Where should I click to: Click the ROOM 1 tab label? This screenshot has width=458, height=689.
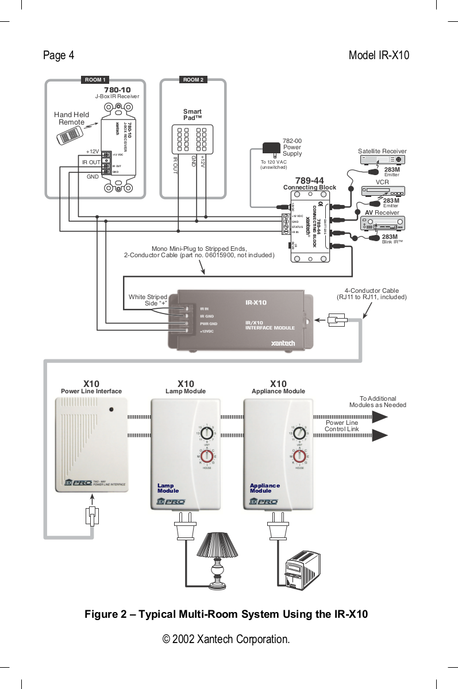click(94, 80)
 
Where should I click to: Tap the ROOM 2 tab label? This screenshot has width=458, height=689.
click(194, 80)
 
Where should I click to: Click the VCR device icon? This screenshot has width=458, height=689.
click(383, 191)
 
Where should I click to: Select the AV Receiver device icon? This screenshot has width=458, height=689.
click(383, 223)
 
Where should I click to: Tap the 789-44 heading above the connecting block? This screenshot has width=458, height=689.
click(309, 181)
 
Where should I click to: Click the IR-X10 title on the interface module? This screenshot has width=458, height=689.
click(256, 302)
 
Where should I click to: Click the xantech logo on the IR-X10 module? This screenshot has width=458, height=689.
click(283, 343)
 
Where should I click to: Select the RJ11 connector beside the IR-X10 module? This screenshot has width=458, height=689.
click(336, 319)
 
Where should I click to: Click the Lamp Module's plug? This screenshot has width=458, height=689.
click(186, 530)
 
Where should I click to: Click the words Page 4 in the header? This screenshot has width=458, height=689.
click(59, 56)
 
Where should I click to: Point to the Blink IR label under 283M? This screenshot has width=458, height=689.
click(392, 242)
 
